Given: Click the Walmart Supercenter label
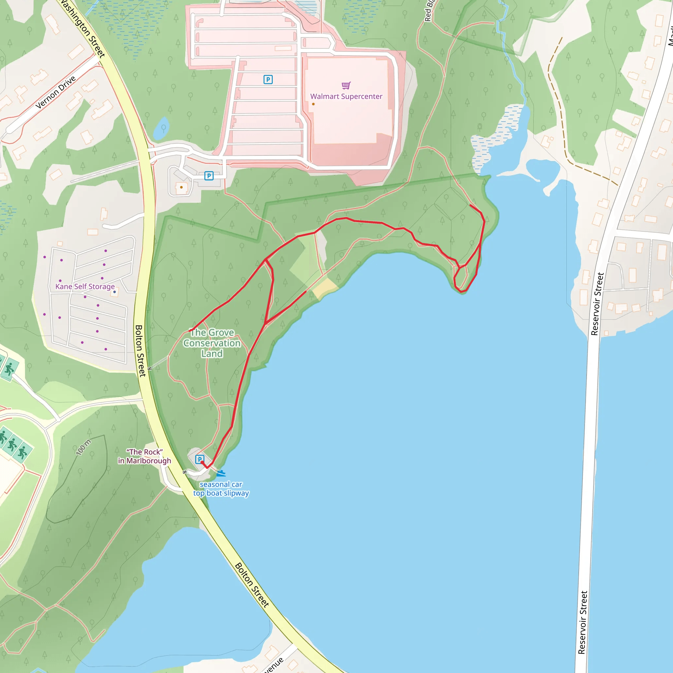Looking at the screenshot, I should (346, 97).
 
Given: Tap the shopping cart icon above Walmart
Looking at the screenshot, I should (346, 85).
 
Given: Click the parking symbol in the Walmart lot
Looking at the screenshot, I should (268, 80).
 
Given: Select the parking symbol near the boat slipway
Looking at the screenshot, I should (199, 459).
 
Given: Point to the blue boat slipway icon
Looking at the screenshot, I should (221, 474).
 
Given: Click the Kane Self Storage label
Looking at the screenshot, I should (85, 286).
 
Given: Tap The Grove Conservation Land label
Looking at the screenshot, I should (212, 343).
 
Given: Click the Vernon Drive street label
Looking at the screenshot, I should (56, 92).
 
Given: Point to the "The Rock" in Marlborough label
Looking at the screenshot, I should (145, 456).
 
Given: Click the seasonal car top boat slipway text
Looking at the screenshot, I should (221, 489).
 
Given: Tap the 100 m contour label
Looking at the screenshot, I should (83, 447).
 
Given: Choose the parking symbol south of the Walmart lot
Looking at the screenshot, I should (209, 176).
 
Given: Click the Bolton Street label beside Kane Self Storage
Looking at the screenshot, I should (140, 350).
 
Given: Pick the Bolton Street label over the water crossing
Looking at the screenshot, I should (252, 585).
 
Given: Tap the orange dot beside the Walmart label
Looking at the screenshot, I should (313, 104).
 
